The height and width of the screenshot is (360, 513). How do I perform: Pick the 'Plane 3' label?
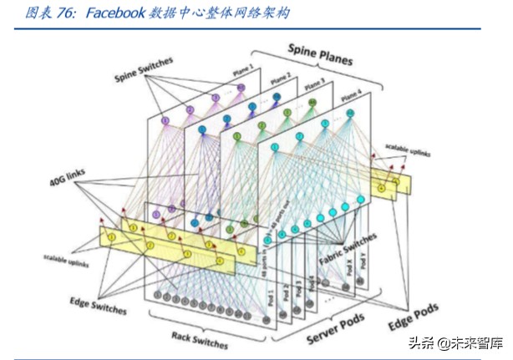tap(315, 84)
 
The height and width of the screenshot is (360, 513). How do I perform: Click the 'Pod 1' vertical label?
tap(270, 297)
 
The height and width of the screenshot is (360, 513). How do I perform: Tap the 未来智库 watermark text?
tap(467, 342)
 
